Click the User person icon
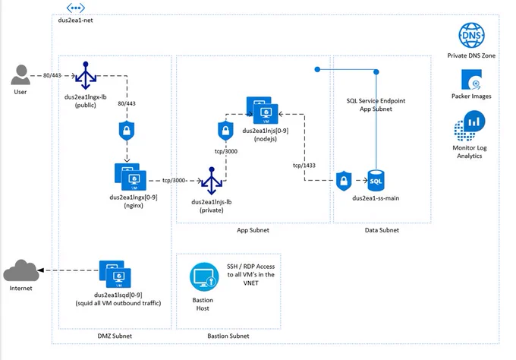[20, 74]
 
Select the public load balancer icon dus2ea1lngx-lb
[86, 76]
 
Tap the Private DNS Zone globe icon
[471, 35]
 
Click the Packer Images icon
[471, 80]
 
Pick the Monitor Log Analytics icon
[470, 125]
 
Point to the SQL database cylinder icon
[376, 181]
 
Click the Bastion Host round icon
[204, 277]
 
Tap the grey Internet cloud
[21, 270]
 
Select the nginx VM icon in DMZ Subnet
[131, 177]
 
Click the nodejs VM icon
[263, 110]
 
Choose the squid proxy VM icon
[115, 274]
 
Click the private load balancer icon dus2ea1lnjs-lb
[212, 181]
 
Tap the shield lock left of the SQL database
[344, 181]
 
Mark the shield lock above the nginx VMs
[127, 131]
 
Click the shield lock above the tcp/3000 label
[225, 131]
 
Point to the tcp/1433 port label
[304, 166]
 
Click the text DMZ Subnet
[115, 336]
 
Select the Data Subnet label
[382, 230]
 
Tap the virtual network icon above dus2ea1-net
[76, 8]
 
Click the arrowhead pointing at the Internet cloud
[40, 270]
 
